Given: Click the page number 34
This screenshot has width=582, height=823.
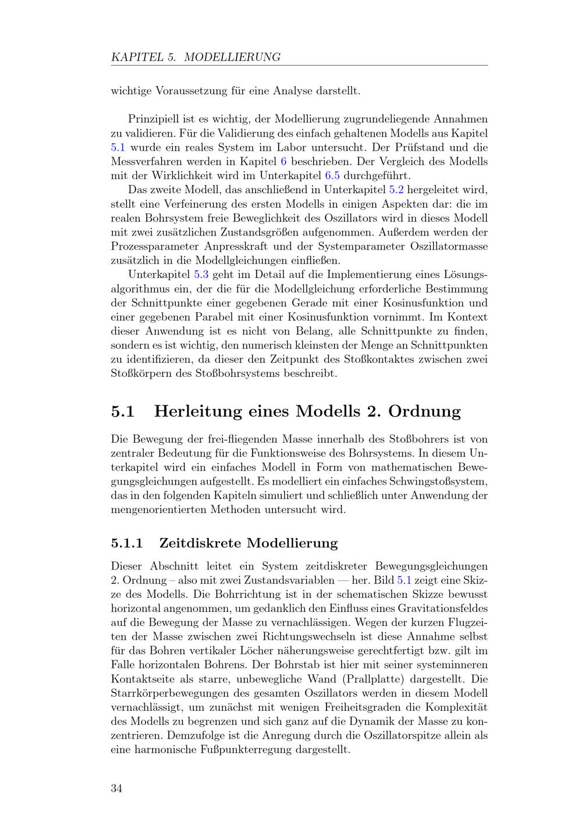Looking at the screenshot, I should [116, 789].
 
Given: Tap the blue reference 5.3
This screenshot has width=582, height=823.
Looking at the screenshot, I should [201, 275].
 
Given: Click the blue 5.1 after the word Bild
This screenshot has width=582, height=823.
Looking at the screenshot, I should [404, 580].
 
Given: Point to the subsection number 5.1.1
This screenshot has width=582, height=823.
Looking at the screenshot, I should [127, 543].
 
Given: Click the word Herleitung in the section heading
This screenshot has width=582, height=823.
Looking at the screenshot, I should [198, 411].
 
